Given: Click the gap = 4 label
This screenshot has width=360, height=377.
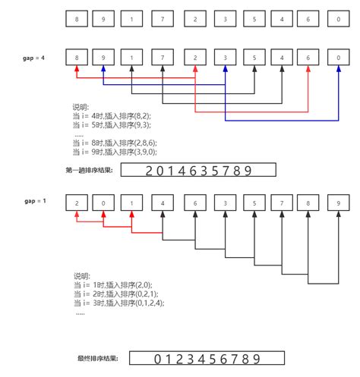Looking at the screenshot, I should (34, 57).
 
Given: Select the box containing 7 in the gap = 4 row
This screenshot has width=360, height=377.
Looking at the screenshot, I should (163, 57).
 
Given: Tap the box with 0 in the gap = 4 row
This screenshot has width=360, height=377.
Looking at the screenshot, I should (336, 57).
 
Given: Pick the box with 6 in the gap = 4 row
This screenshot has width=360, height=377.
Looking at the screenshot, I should (307, 57).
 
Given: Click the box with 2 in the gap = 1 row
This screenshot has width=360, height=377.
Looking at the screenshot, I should (77, 203).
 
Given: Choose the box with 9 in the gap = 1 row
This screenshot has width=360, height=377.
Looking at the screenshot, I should (336, 203).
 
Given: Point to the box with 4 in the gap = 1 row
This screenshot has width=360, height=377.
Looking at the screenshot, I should (163, 203).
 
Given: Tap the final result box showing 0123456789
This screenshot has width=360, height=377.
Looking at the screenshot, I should (207, 359).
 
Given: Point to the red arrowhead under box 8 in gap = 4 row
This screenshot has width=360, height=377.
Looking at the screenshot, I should (77, 69).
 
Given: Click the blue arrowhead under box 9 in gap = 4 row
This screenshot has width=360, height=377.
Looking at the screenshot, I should (105, 69).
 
